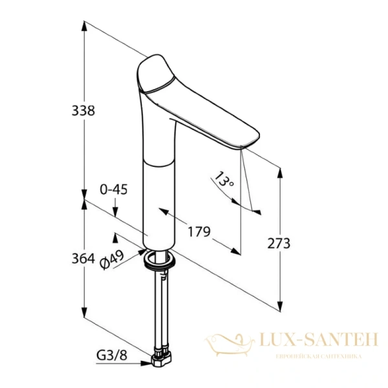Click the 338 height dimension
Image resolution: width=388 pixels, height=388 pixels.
(83, 111)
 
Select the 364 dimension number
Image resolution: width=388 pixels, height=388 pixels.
(83, 259)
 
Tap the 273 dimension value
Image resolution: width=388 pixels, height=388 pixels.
(279, 243)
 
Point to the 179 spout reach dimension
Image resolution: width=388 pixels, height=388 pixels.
(199, 232)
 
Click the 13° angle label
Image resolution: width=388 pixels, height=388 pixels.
(224, 178)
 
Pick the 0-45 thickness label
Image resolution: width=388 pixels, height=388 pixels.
(114, 189)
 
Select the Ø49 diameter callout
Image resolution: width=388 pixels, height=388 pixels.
(112, 259)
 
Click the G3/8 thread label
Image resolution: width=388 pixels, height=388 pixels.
(112, 355)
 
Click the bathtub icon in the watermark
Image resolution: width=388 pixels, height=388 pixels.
(230, 345)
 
